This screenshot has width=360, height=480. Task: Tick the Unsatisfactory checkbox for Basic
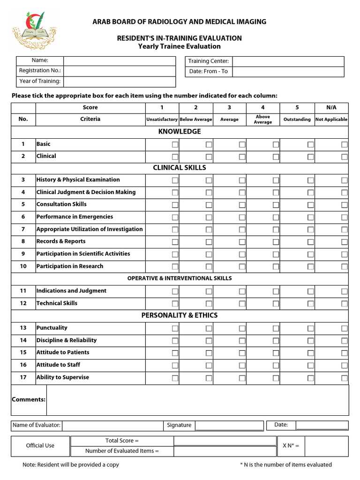tap(175, 144)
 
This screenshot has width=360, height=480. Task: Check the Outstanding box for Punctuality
tap(310, 328)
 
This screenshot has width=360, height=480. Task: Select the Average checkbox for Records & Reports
tap(242, 242)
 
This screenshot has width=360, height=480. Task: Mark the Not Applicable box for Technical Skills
tap(344, 304)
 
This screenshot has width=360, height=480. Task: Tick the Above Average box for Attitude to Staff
tap(276, 365)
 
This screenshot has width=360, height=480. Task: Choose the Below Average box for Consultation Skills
tap(209, 205)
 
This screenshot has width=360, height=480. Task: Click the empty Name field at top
tap(119, 61)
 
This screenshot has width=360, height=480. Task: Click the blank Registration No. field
tap(119, 71)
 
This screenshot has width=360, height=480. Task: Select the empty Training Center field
tap(288, 61)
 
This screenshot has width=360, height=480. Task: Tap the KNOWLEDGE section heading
tap(180, 132)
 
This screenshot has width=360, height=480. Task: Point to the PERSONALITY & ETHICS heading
tap(180, 315)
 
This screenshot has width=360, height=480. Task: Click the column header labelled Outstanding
tap(297, 120)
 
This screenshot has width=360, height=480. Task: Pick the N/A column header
tap(331, 107)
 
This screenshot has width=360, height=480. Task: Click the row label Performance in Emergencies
tap(75, 217)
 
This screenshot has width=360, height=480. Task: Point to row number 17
tap(23, 377)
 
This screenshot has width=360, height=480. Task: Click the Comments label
tap(29, 399)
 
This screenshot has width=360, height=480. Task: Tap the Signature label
tap(179, 425)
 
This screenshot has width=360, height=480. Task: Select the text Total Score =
tap(122, 441)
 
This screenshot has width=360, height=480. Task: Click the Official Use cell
tap(40, 446)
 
